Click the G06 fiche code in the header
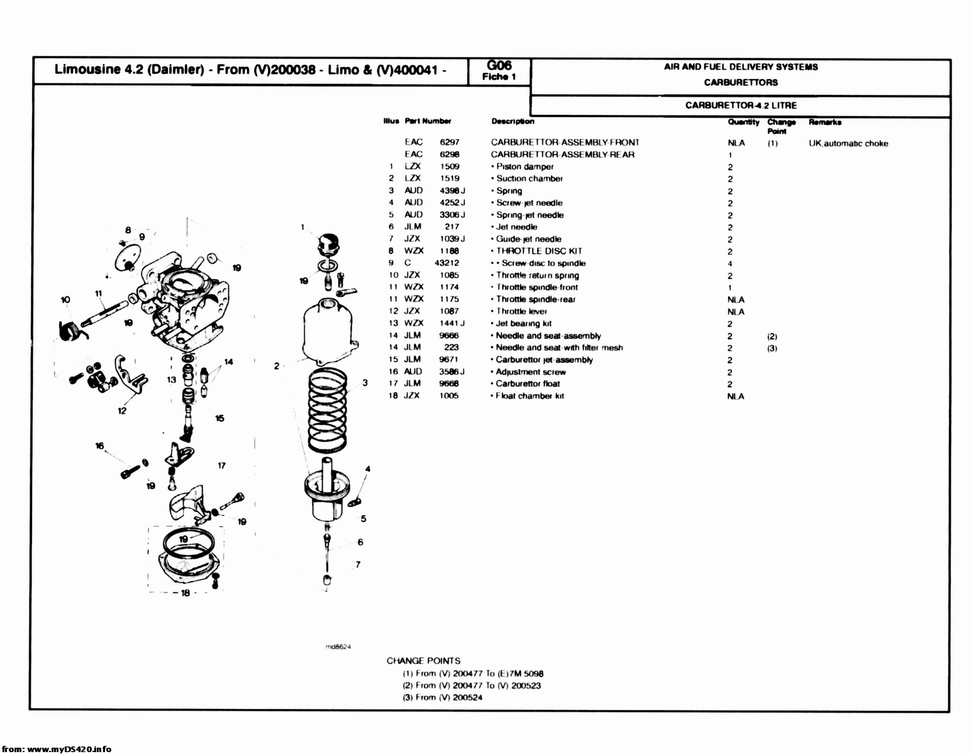pos(499,66)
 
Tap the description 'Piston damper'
pos(524,167)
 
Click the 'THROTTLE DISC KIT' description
pos(539,251)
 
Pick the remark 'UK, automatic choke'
pos(848,144)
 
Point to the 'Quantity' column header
pos(743,123)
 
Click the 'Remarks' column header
pos(824,123)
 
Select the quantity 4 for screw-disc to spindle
pos(730,264)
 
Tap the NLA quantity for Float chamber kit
pos(735,396)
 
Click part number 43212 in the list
pos(446,263)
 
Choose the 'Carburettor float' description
pos(528,384)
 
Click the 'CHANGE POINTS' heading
pos(423,661)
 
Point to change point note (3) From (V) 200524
pos(443,697)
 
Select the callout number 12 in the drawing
pos(121,411)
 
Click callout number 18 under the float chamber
pos(185,593)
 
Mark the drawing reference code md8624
pos(338,647)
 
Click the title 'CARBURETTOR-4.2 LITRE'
pos(741,106)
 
